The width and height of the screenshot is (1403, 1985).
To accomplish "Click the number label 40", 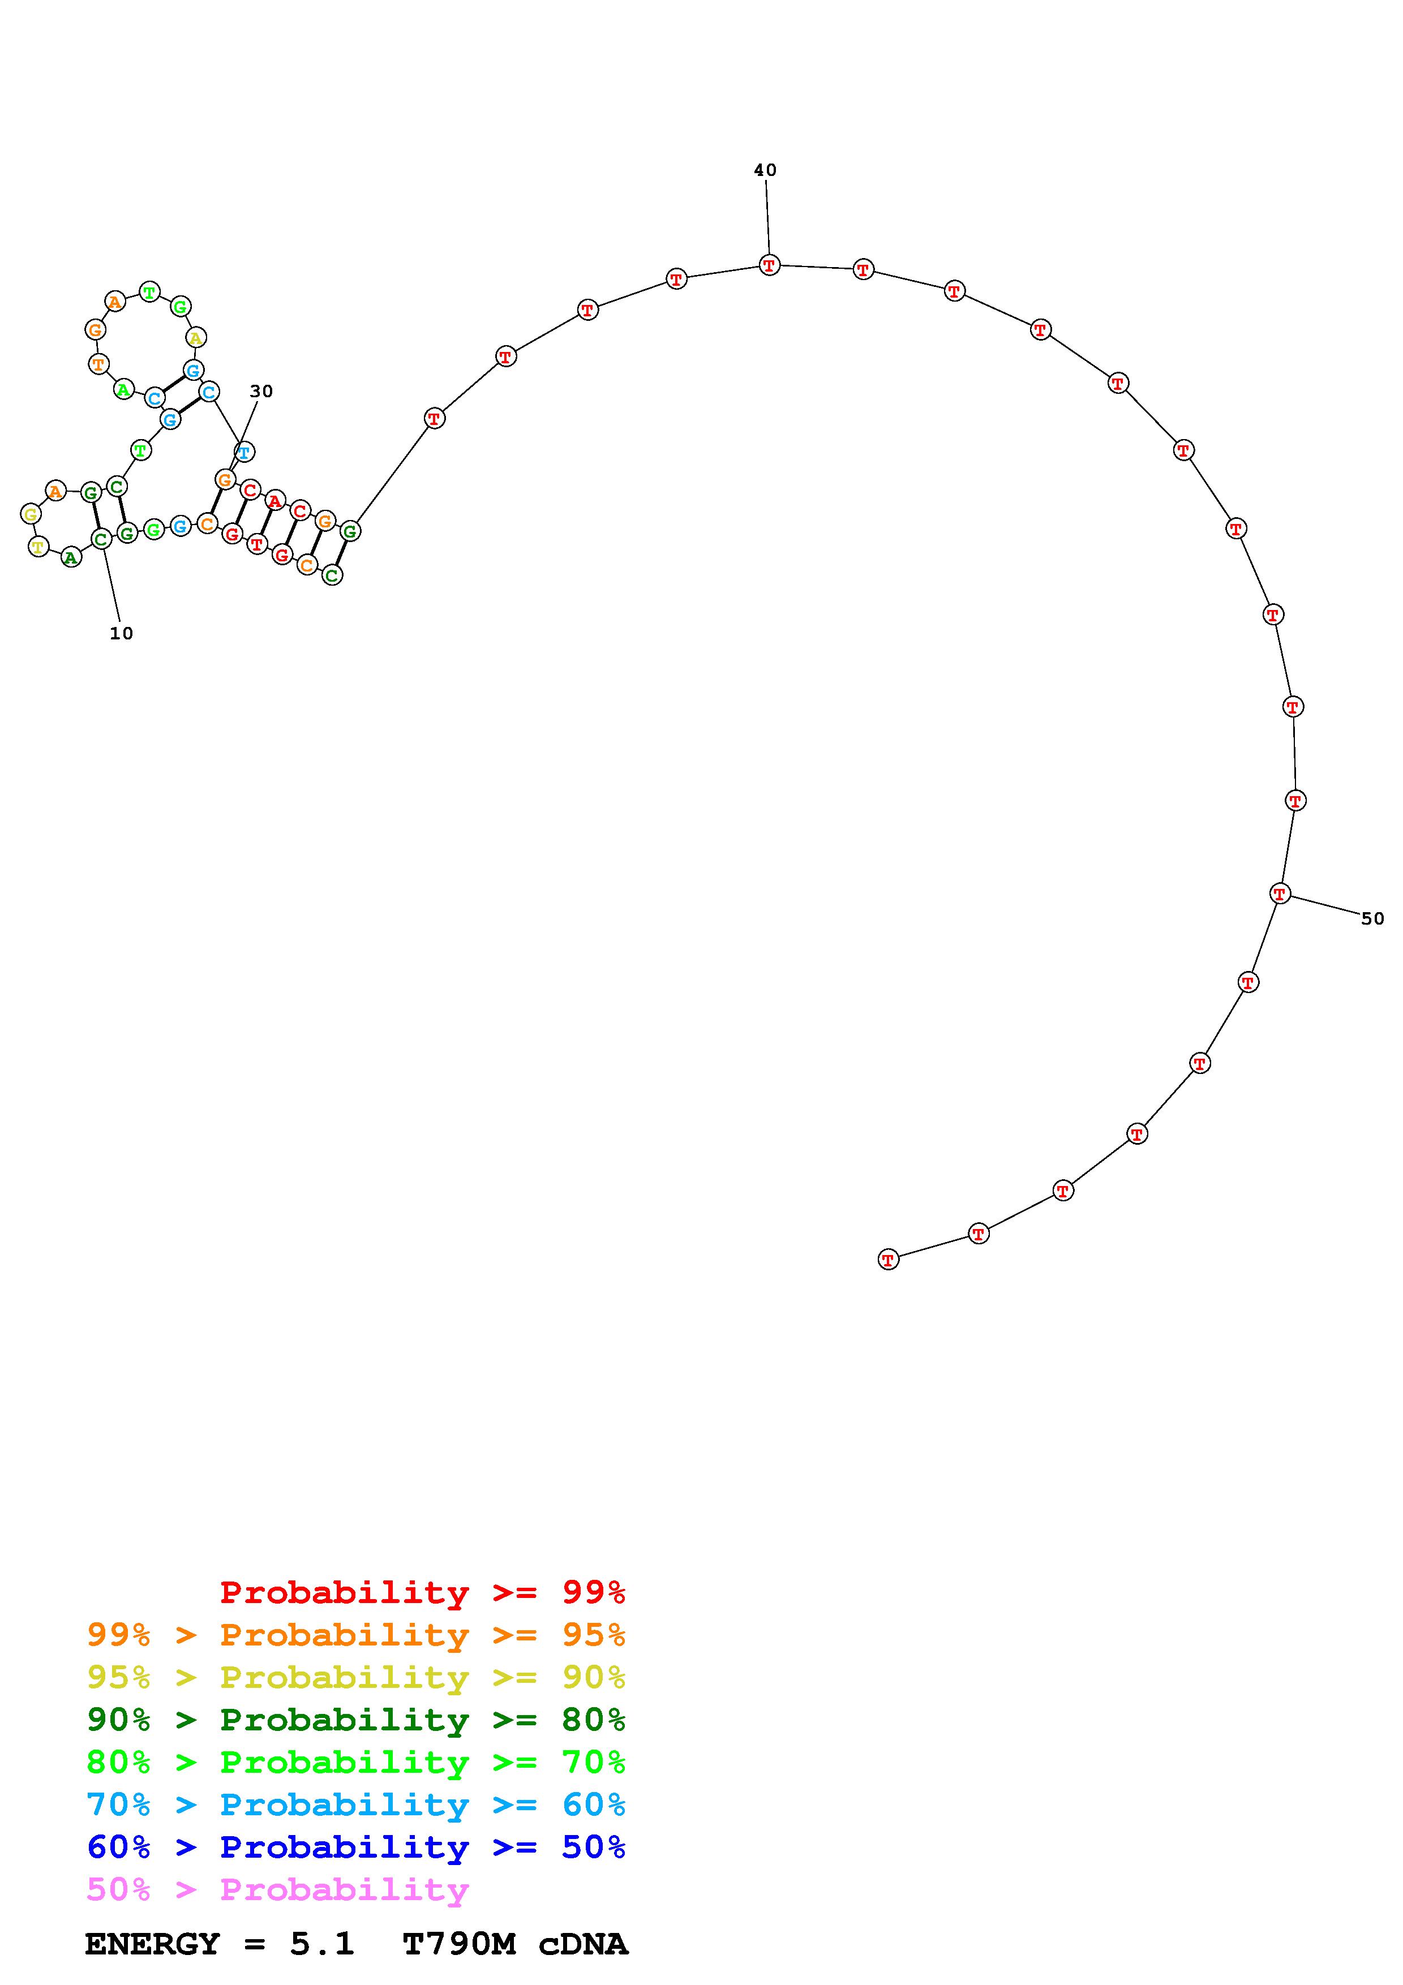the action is pyautogui.click(x=765, y=170).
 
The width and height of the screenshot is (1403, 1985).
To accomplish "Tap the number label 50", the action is pyautogui.click(x=1373, y=919).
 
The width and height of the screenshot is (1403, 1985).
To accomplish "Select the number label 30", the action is pyautogui.click(x=261, y=392).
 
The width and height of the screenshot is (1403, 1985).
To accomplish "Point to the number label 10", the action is pyautogui.click(x=121, y=634).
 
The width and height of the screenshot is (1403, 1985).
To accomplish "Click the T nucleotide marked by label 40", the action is pyautogui.click(x=769, y=265).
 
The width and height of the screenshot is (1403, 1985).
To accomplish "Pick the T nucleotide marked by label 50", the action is pyautogui.click(x=1280, y=893).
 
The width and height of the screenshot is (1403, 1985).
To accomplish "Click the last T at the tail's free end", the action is pyautogui.click(x=889, y=1260).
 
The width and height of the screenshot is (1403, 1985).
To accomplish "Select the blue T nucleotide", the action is pyautogui.click(x=244, y=452).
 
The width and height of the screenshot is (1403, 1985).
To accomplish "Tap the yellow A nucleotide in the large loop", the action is pyautogui.click(x=197, y=338).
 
